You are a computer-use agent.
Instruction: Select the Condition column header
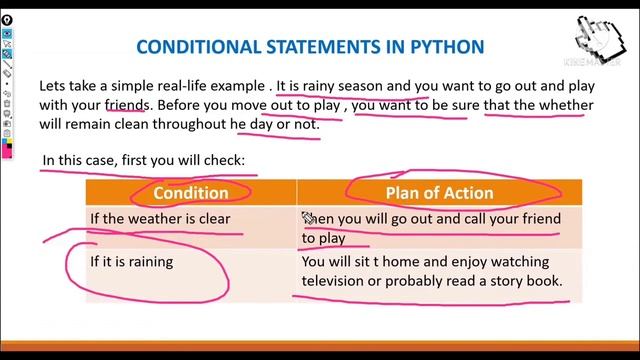[x=190, y=192]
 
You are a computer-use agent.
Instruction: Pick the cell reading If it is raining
[x=131, y=262]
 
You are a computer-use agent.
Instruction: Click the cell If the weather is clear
[x=145, y=219]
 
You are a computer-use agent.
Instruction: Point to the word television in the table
[x=337, y=282]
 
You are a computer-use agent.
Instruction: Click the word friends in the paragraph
[x=128, y=105]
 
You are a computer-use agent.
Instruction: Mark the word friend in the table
[x=538, y=219]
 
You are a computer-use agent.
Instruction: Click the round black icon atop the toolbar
[x=8, y=19]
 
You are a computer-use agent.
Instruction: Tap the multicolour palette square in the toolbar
[x=8, y=149]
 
